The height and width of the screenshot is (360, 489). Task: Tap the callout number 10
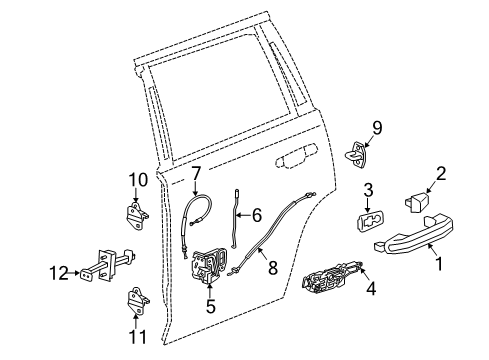pyautogui.click(x=138, y=180)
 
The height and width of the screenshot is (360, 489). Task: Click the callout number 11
pyautogui.click(x=138, y=337)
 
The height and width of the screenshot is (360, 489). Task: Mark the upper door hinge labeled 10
pyautogui.click(x=139, y=213)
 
